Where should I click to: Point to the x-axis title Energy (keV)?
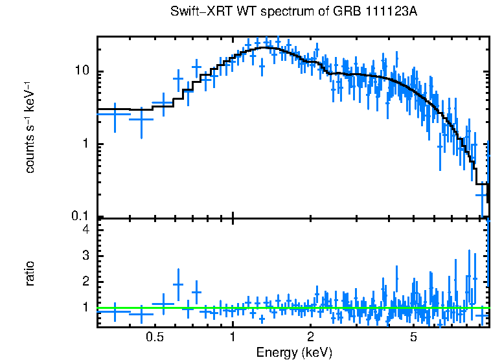294,352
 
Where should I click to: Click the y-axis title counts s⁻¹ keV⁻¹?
30,127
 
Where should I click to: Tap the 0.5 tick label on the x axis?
154,337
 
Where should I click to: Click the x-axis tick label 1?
233,337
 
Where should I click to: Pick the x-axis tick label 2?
311,337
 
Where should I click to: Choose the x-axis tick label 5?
414,337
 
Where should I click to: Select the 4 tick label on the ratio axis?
84,229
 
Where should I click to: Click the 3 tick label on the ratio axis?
84,255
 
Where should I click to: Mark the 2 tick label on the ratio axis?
84,281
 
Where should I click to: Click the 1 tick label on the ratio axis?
84,307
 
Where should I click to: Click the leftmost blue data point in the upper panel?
115,114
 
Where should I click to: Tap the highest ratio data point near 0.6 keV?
178,284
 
